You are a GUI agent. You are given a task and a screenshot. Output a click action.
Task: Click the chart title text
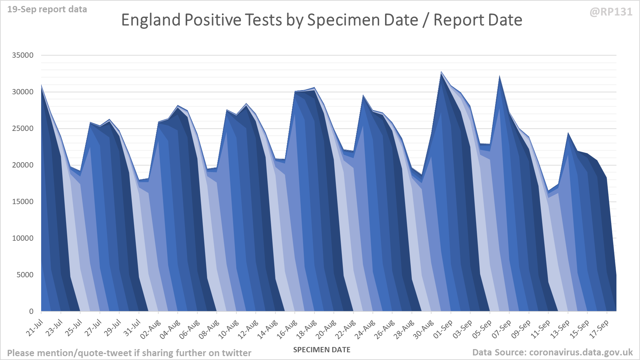321,20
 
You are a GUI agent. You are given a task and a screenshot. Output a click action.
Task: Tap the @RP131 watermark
611,12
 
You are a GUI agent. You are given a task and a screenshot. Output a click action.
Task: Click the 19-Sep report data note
47,10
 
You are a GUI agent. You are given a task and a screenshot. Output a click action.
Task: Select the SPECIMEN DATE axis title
321,350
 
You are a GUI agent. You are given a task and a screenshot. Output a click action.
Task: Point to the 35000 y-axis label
23,55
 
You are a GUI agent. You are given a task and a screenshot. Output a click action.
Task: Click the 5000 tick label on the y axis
25,275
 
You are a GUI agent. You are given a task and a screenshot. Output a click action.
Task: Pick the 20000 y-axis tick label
23,165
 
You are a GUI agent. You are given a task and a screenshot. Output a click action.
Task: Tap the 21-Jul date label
35,327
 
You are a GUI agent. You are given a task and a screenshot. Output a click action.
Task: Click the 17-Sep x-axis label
599,329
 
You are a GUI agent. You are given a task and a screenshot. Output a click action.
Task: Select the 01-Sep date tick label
443,329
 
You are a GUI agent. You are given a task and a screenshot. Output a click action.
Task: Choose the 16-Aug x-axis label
287,329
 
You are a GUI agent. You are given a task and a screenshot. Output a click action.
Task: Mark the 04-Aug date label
170,329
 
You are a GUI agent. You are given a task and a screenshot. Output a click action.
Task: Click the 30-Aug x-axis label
423,329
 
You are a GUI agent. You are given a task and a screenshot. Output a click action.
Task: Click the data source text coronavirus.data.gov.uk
581,352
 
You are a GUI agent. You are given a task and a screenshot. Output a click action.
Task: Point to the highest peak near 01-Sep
441,72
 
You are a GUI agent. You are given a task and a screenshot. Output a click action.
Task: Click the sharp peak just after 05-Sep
500,76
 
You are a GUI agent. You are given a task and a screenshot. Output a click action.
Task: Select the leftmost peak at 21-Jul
41,86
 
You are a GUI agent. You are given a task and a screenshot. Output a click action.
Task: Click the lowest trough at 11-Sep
548,192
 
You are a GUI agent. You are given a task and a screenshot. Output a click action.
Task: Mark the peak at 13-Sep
568,134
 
